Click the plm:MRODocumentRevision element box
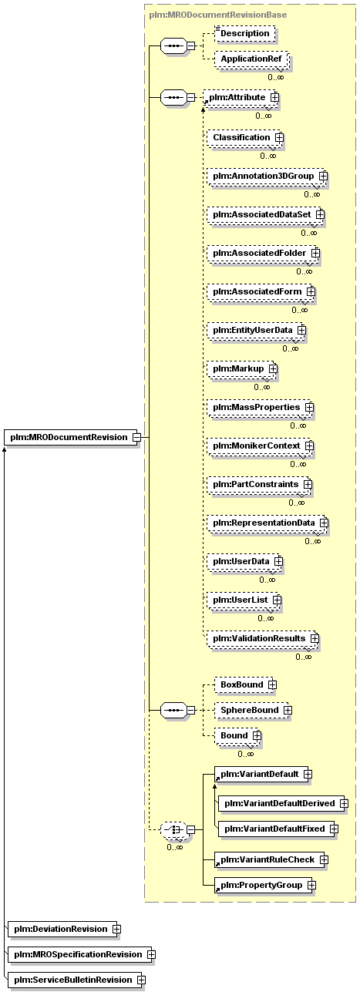(72, 437)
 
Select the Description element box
(244, 33)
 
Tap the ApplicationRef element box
(251, 59)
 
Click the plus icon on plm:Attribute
(275, 97)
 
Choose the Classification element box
(245, 137)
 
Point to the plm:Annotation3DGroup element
(267, 176)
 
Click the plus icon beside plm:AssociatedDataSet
(320, 214)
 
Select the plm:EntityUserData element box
(257, 330)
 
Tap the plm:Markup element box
(242, 368)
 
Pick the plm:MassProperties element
(261, 407)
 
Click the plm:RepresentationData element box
(267, 523)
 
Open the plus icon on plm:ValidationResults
(315, 638)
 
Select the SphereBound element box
(253, 710)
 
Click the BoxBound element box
(245, 684)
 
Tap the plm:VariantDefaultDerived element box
(283, 803)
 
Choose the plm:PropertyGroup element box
(265, 885)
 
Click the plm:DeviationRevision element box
(64, 929)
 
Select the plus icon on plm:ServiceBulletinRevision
(141, 980)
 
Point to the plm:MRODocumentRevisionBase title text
(218, 15)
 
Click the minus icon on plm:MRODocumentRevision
(136, 437)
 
